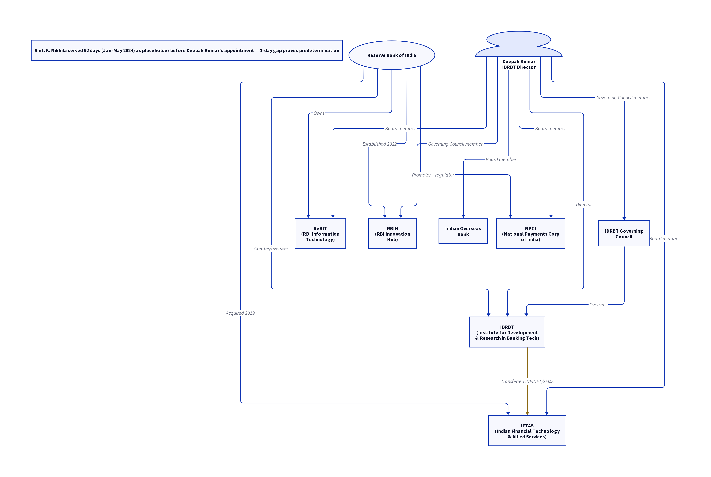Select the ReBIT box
(320, 233)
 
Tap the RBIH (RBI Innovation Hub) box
(392, 233)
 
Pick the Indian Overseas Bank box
(463, 231)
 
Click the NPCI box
(531, 233)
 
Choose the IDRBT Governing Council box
(624, 233)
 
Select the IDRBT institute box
(507, 332)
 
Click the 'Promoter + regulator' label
(433, 175)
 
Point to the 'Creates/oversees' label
(271, 249)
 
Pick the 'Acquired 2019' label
(240, 313)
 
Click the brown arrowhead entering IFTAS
(527, 413)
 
